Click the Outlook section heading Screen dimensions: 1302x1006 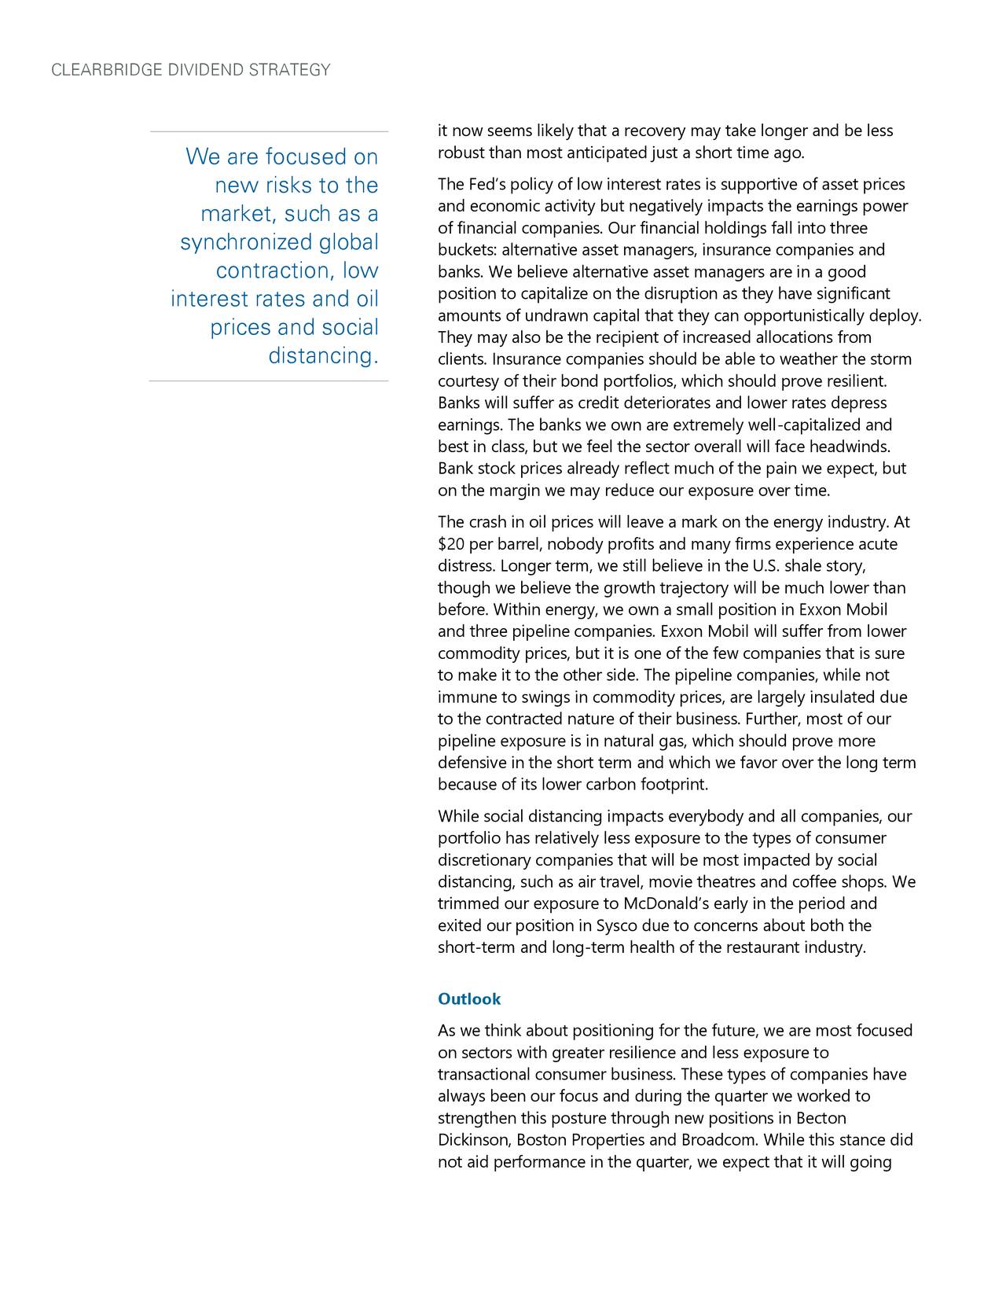click(468, 999)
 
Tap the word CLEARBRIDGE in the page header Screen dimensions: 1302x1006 click(106, 71)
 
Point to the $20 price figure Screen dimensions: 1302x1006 click(451, 545)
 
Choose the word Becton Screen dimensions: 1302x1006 click(821, 1119)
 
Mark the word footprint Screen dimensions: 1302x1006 click(674, 785)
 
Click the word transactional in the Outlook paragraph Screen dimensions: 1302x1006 click(483, 1075)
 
